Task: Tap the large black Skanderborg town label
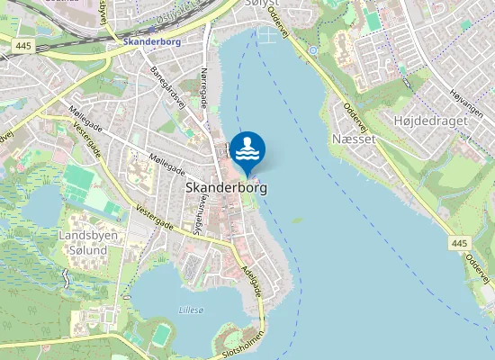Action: pyautogui.click(x=221, y=188)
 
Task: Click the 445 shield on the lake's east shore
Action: pyautogui.click(x=461, y=243)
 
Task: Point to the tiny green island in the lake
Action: pyautogui.click(x=297, y=220)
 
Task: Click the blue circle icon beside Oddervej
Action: pyautogui.click(x=313, y=50)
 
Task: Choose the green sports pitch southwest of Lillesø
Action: pyautogui.click(x=161, y=334)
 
